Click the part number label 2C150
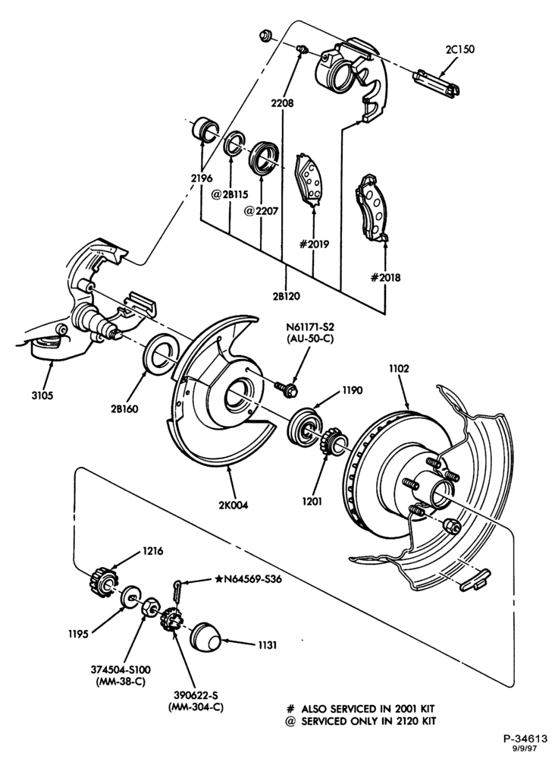pyautogui.click(x=459, y=49)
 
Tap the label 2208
pyautogui.click(x=282, y=103)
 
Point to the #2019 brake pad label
pyautogui.click(x=314, y=244)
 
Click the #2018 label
pyautogui.click(x=385, y=278)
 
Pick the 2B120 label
pyautogui.click(x=287, y=296)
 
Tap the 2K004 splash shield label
pyautogui.click(x=233, y=505)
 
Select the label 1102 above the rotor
pyautogui.click(x=399, y=369)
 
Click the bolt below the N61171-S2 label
pyautogui.click(x=286, y=389)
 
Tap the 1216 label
pyautogui.click(x=152, y=551)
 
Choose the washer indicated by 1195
pyautogui.click(x=130, y=595)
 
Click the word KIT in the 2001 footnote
pyautogui.click(x=426, y=709)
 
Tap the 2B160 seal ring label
pyautogui.click(x=124, y=408)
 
